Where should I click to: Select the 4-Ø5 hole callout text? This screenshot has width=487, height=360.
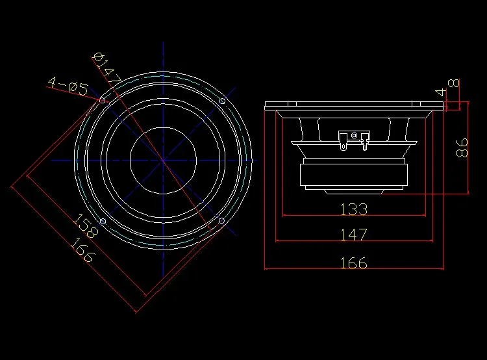coord(68,86)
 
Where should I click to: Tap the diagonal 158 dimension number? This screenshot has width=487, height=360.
coord(86,225)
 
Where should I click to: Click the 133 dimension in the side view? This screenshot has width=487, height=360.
coord(354,209)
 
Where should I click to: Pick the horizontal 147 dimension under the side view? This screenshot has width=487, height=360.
coord(354,235)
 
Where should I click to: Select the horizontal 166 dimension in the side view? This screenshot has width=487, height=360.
coord(354,263)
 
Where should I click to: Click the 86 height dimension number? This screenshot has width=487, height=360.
coord(462,148)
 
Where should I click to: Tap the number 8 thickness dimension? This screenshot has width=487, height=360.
coord(454,83)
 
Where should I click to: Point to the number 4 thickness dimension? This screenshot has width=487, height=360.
coord(441,92)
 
